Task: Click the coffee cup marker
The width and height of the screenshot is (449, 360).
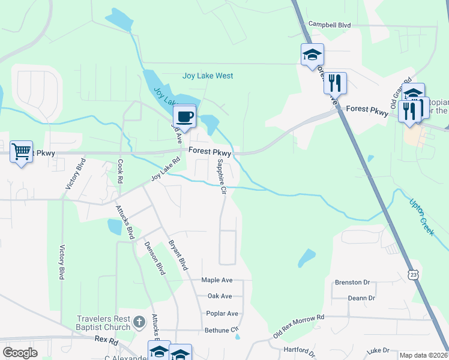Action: click(185, 116)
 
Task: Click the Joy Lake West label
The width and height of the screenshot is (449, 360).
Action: click(208, 76)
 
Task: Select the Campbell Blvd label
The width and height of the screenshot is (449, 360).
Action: click(329, 25)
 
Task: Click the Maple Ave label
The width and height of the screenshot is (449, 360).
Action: click(217, 280)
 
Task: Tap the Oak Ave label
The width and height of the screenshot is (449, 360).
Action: click(219, 296)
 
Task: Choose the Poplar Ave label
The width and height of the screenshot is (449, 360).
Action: click(221, 313)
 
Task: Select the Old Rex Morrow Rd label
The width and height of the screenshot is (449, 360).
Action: click(298, 326)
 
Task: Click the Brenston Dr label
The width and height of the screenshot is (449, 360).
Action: click(348, 282)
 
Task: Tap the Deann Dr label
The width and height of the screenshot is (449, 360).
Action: click(361, 298)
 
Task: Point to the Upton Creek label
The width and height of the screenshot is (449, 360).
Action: click(421, 217)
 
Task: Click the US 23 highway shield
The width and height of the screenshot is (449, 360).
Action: click(413, 275)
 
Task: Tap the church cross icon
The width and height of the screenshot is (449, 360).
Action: click(139, 323)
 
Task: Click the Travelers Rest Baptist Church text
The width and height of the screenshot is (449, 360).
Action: click(103, 323)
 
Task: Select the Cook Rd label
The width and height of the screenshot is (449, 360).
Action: click(121, 171)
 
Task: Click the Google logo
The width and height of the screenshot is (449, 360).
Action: click(20, 353)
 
